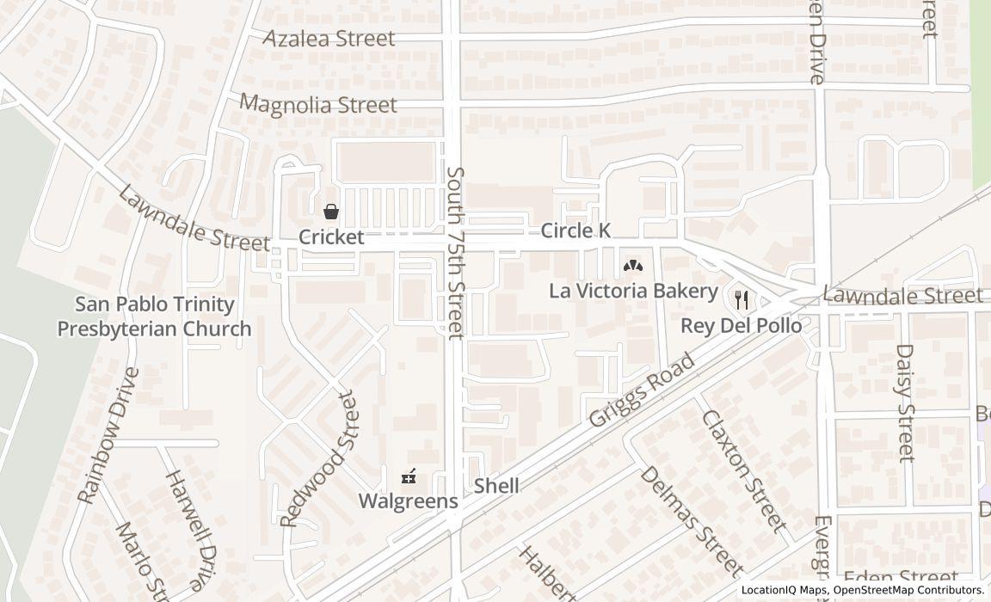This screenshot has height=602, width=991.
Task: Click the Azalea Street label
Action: coord(329,39)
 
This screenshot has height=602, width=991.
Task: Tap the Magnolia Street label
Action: coord(318,105)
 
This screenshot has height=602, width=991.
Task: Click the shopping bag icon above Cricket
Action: coord(330,212)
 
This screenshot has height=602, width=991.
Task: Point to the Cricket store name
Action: coord(331,237)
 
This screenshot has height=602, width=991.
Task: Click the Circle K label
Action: coord(576,230)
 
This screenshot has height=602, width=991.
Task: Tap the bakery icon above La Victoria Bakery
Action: coord(632,266)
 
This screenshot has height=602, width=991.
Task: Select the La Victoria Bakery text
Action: coord(633,291)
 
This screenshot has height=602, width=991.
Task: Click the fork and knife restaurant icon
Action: coord(742,300)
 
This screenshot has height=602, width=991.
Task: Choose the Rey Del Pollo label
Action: coord(741,326)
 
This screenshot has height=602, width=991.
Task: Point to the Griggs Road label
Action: coord(642,391)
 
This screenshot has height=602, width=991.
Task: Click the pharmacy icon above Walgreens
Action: coord(409,476)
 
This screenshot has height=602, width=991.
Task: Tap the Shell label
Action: coord(496,486)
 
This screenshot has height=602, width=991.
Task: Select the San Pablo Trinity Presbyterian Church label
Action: coord(155,316)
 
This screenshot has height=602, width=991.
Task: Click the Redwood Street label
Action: coord(317,459)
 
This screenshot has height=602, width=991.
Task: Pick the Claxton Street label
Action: coord(744,470)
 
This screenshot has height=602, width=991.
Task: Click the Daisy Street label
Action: coord(905,402)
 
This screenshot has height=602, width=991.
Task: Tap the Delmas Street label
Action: coord(691,521)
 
